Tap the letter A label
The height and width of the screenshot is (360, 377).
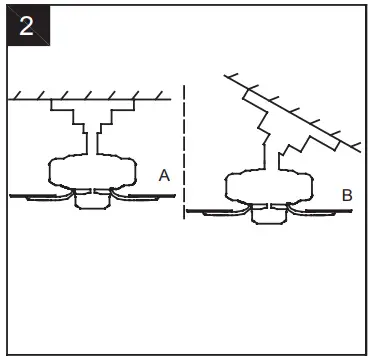pos(165,175)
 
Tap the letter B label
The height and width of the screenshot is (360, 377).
pos(346,196)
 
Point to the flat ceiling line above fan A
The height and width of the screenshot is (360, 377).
pos(90,98)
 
